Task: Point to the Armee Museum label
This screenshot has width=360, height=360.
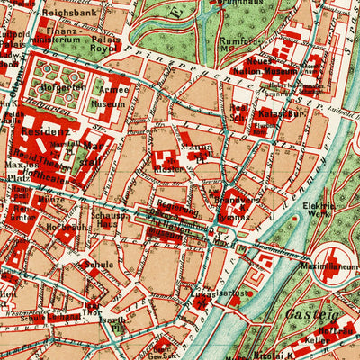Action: click(x=111, y=97)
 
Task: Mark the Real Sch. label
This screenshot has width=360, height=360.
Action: click(x=238, y=114)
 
